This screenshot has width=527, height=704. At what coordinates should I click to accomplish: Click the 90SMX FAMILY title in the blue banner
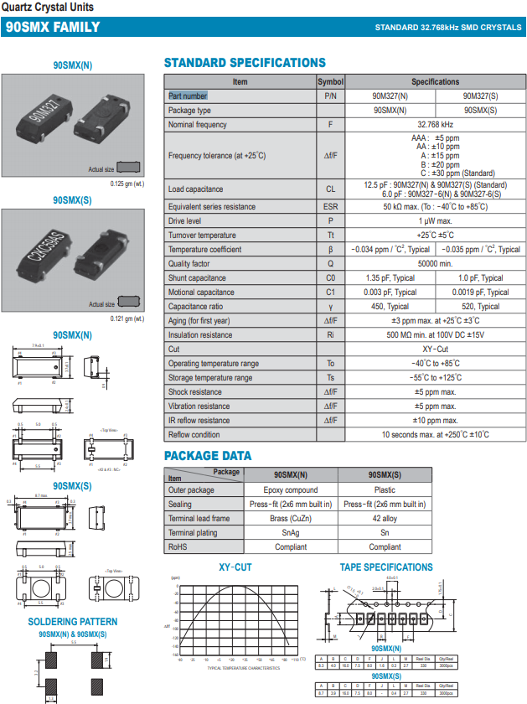point(53,27)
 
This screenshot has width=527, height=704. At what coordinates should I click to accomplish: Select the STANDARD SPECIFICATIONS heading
point(245,63)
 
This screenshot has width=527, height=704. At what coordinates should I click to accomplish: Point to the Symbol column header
point(330,82)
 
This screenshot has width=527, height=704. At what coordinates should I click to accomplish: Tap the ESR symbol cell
point(330,206)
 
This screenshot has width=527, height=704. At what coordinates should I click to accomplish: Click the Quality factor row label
point(189,264)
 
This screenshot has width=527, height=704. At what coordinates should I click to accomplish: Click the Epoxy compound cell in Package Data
point(291,490)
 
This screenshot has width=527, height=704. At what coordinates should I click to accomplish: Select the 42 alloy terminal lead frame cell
point(385,519)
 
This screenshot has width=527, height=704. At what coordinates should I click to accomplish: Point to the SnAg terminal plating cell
point(291,533)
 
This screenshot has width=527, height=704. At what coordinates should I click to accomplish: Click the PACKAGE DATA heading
point(208,456)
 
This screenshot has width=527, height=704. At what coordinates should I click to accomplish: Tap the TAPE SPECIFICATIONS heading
point(386,567)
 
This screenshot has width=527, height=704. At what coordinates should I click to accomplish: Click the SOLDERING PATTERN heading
point(73,622)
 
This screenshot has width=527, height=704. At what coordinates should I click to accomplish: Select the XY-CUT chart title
point(235,567)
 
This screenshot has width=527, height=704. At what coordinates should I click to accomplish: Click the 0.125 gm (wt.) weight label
point(127,184)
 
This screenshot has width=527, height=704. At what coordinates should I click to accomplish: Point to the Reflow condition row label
point(194,435)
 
